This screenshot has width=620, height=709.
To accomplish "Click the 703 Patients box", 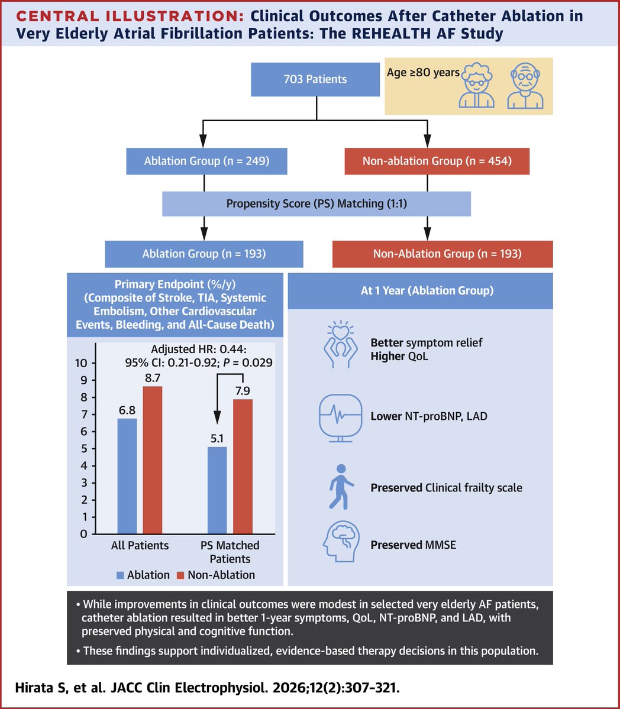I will [x=315, y=79].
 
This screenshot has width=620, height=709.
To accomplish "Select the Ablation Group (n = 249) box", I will [x=206, y=161].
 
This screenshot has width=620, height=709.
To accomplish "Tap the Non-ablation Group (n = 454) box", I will [x=437, y=161].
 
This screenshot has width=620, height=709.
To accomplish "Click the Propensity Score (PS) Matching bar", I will [x=317, y=204].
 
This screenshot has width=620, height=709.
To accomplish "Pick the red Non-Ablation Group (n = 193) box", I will [x=443, y=254].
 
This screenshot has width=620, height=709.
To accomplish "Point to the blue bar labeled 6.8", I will [x=127, y=476].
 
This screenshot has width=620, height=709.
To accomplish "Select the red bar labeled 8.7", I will [x=153, y=459].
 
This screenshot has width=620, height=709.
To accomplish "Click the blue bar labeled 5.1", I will [x=217, y=490].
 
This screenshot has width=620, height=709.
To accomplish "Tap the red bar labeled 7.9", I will [x=243, y=467].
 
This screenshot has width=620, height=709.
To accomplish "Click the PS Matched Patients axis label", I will [x=230, y=552].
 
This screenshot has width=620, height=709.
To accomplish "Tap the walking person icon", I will [x=341, y=487].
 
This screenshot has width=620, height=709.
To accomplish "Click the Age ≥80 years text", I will [x=423, y=73].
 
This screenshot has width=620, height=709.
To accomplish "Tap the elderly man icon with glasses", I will [x=525, y=87].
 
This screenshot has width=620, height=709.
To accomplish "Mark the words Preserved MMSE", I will [x=413, y=545].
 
